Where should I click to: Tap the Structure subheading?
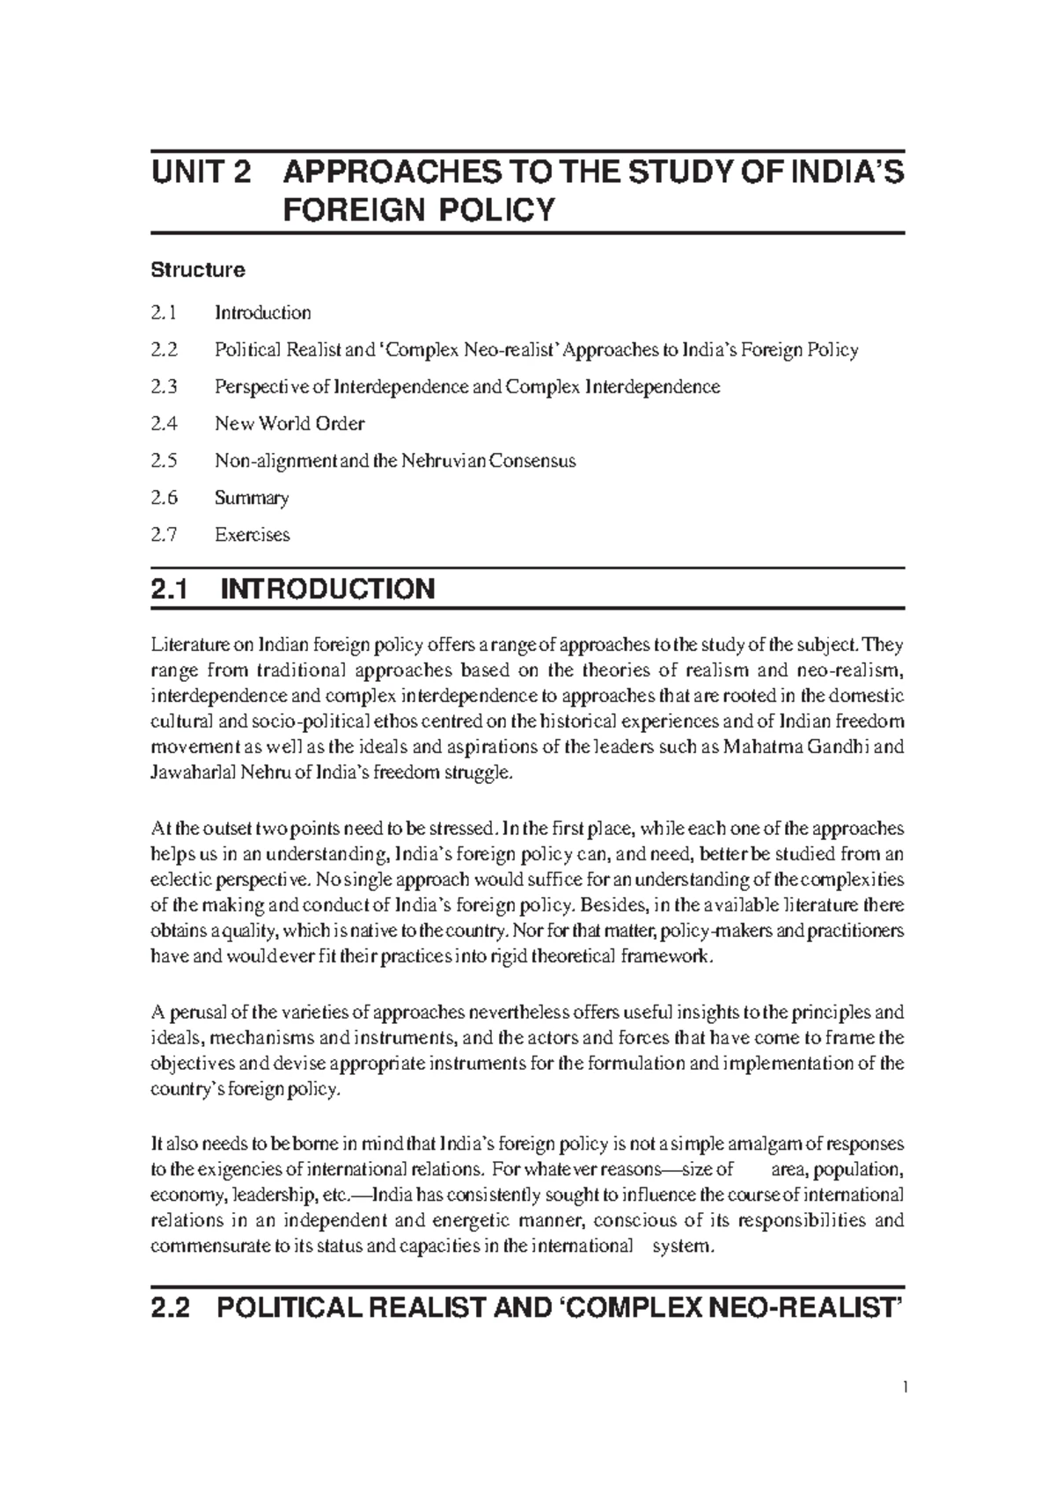click(197, 269)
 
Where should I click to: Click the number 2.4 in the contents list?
click(164, 423)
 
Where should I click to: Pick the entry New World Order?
click(290, 423)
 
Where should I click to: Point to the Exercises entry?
click(252, 534)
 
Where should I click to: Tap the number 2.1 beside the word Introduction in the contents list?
click(164, 312)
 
